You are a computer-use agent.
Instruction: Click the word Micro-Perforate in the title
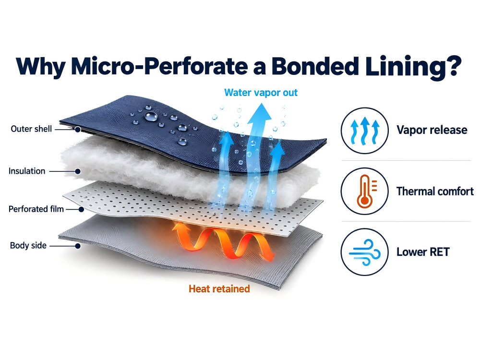tap(159, 66)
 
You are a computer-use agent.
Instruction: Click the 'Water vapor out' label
tap(261, 93)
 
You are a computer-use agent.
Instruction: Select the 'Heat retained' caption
tap(219, 288)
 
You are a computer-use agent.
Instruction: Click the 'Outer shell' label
tap(31, 129)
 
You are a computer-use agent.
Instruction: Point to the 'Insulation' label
tap(27, 171)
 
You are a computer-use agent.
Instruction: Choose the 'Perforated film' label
tap(36, 209)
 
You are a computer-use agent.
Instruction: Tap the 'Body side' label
tap(28, 245)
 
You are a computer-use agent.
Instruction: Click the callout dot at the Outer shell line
tap(78, 130)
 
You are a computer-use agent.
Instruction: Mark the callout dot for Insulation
tap(78, 171)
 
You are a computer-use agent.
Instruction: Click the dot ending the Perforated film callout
tap(81, 209)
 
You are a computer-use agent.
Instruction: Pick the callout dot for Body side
tap(78, 246)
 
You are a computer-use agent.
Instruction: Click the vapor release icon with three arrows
tap(365, 131)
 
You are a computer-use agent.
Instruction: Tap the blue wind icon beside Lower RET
tap(365, 252)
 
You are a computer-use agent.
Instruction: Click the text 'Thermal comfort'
tap(435, 192)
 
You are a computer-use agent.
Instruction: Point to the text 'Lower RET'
tap(423, 252)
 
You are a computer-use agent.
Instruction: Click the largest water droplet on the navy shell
tap(151, 116)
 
